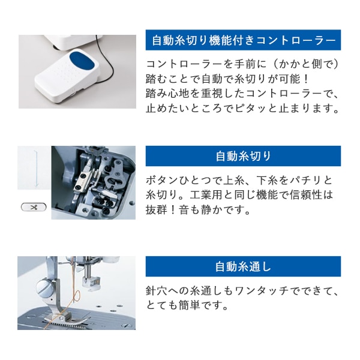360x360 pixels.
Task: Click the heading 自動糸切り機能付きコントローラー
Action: tap(243, 40)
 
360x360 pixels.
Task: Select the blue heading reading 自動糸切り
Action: tap(243, 156)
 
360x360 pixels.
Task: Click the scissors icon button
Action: tap(33, 207)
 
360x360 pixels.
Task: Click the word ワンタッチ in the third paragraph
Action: tap(267, 291)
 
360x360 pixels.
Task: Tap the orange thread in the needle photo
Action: tap(75, 295)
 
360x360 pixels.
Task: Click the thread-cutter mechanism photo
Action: tap(93, 182)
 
